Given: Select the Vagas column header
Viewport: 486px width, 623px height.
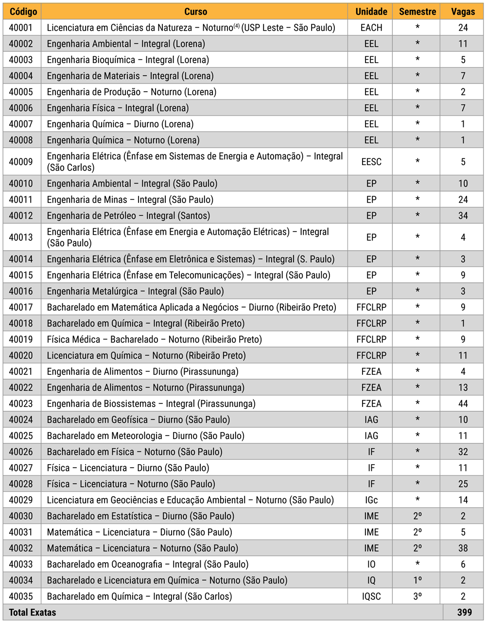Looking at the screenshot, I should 463,12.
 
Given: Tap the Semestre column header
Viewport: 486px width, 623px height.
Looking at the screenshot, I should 417,12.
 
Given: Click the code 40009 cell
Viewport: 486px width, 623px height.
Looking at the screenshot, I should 21,162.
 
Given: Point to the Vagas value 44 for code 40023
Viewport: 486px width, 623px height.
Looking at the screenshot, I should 463,404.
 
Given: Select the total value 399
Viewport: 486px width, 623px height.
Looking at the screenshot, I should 464,612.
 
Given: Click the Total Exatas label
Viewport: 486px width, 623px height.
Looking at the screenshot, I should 32,612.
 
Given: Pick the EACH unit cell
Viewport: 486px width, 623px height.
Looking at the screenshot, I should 371,28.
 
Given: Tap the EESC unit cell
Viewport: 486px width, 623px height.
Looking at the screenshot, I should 371,162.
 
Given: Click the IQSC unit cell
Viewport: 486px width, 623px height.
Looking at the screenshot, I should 371,596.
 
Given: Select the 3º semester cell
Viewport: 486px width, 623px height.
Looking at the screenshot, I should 417,596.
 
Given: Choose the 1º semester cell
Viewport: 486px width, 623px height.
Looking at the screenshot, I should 417,580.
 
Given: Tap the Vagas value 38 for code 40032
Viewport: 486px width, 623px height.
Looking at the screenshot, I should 463,548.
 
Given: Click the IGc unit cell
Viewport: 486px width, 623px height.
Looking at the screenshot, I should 371,500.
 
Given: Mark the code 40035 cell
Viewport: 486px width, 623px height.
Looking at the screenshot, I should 21,596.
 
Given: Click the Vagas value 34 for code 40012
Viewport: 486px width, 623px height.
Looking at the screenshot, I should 463,216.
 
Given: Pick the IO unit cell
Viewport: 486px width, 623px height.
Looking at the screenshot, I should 371,564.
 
